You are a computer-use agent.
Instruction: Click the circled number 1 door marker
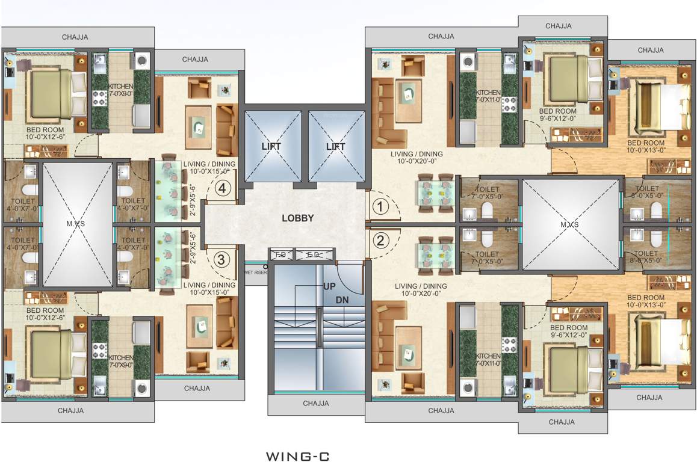pos(379,206)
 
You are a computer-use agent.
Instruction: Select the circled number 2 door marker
pos(379,241)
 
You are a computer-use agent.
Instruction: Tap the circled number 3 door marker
pos(222,260)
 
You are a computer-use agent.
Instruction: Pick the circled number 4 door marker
pos(223,188)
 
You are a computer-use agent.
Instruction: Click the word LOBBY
pos(298,218)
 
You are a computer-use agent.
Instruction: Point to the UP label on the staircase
pos(329,287)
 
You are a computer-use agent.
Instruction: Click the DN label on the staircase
pos(342,300)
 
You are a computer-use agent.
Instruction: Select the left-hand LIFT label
pos(271,146)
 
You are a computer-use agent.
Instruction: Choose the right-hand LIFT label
pos(335,146)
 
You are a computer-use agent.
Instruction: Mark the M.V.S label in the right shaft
pos(569,224)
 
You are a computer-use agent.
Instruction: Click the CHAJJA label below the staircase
pos(316,403)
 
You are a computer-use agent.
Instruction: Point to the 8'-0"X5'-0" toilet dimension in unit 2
pos(648,260)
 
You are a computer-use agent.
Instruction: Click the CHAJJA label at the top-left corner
pos(75,37)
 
